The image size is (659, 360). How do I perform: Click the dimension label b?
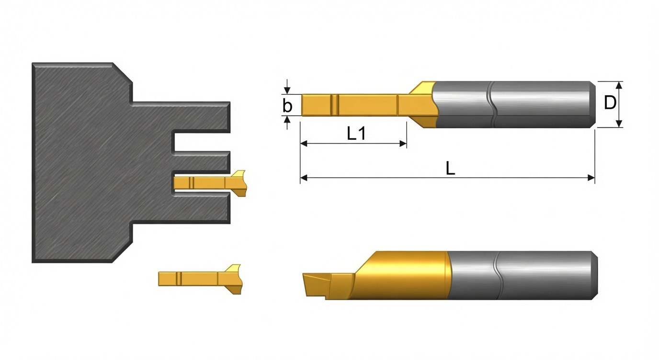click(287, 105)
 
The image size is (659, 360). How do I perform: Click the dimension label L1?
click(356, 134)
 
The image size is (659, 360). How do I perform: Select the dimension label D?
click(610, 103)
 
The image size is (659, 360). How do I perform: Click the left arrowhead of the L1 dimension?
click(304, 144)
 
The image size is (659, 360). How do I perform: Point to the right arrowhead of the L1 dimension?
click(403, 144)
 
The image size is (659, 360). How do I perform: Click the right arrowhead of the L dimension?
click(591, 178)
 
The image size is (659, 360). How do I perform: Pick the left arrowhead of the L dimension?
click(304, 178)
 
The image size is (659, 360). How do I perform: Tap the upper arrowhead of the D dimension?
click(619, 85)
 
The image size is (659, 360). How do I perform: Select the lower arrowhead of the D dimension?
click(619, 124)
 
